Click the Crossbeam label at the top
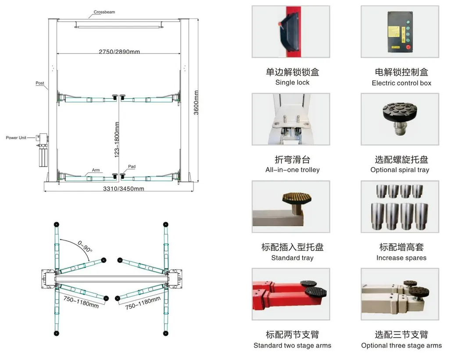coord(104,12)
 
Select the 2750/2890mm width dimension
coord(119,52)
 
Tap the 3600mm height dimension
coord(196,103)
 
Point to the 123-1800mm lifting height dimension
coord(117,140)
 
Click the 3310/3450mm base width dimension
coord(123,189)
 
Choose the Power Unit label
coord(16,138)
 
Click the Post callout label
coord(40,83)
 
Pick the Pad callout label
coord(132,167)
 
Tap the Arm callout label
coord(96,170)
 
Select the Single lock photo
coord(290,32)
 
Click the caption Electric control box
coord(401,83)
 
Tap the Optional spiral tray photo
coord(400,119)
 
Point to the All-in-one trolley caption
coord(293,170)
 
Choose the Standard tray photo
coord(290,206)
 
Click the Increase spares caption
coord(401,258)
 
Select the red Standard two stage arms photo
coord(290,294)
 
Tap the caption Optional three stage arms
coord(401,346)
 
